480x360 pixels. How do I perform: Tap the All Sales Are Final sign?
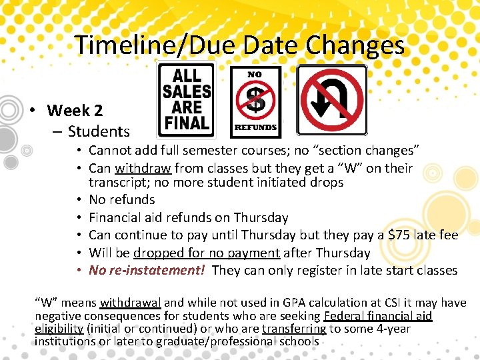(x=186, y=100)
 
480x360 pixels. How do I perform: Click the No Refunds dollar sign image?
(x=255, y=102)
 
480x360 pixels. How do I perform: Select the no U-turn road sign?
(x=332, y=100)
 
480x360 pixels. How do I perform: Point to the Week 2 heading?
(x=75, y=110)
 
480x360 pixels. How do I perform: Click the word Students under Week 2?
(x=99, y=131)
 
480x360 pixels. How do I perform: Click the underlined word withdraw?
(x=143, y=169)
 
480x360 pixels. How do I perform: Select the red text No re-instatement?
(x=147, y=270)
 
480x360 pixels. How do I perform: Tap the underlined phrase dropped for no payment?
(x=207, y=253)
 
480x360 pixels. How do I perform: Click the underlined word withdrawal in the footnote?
(x=131, y=303)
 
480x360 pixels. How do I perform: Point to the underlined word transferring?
(x=294, y=329)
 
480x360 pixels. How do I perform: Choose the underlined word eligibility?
(x=59, y=329)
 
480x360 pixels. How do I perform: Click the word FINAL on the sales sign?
(x=187, y=123)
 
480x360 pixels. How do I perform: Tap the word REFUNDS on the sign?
(x=255, y=127)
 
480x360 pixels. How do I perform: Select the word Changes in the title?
(x=355, y=45)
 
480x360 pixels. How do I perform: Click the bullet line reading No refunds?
(x=122, y=199)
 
